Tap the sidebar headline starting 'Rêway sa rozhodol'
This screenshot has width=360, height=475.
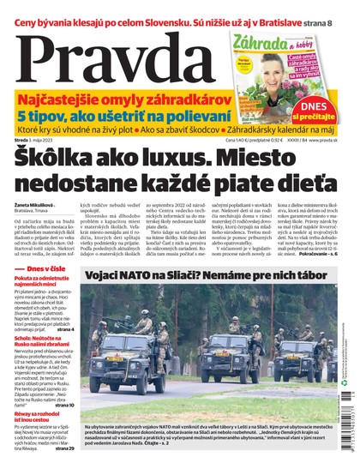point(41,415)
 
